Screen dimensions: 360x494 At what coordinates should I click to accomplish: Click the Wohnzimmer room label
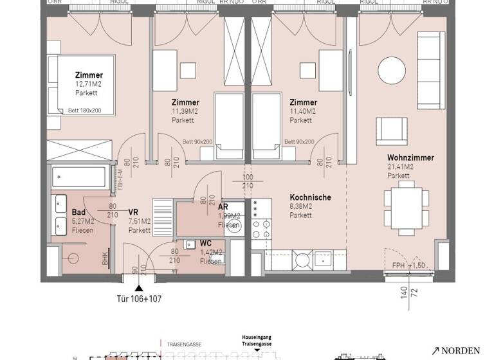click(x=410, y=157)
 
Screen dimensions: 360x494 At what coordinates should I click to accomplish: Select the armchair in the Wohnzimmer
click(x=390, y=129)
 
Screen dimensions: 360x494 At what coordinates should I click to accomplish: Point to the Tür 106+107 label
click(x=138, y=298)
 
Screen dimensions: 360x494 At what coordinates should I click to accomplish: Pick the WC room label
click(x=206, y=243)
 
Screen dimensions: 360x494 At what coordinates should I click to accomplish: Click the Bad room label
click(x=78, y=212)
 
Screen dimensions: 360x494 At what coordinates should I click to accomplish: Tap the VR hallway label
click(x=134, y=212)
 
